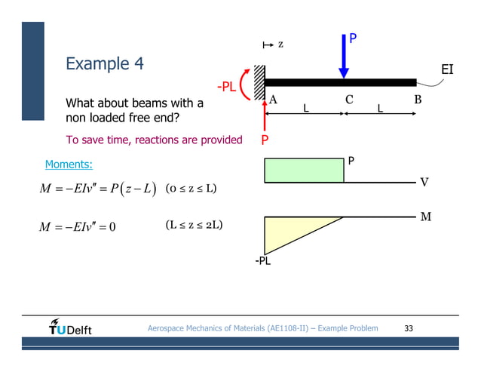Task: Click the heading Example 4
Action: pyautogui.click(x=105, y=64)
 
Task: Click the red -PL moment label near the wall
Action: pyautogui.click(x=226, y=88)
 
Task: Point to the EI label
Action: pyautogui.click(x=447, y=70)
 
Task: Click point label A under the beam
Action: pyautogui.click(x=273, y=99)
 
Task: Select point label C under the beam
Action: pyautogui.click(x=349, y=99)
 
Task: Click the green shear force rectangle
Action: pyautogui.click(x=304, y=171)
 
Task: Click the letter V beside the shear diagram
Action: pyautogui.click(x=424, y=182)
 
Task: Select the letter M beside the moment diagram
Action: pyautogui.click(x=426, y=217)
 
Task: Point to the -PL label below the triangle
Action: pyautogui.click(x=263, y=262)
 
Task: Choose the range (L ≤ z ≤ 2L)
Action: pyautogui.click(x=193, y=225)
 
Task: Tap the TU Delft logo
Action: pyautogui.click(x=70, y=328)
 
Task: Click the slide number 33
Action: pyautogui.click(x=409, y=328)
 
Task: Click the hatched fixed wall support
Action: pyautogui.click(x=259, y=81)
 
